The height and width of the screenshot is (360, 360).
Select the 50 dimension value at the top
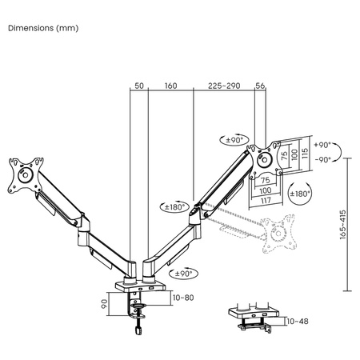(138, 84)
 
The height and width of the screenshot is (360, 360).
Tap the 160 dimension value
(170, 84)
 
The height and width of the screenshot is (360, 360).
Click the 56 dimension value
(260, 84)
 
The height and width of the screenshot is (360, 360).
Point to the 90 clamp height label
(104, 305)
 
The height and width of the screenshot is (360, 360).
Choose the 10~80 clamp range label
(182, 298)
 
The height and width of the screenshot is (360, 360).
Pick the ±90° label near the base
(182, 273)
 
